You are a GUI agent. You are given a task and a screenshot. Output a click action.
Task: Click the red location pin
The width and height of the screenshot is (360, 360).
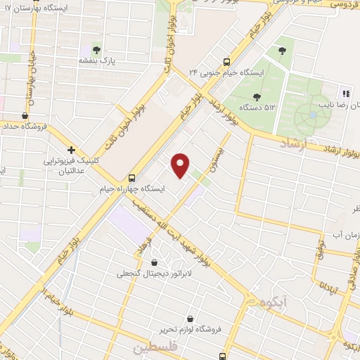(x=181, y=165)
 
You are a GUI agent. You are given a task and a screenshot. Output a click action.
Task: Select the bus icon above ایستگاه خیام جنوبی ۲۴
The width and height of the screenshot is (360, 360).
(x=226, y=61)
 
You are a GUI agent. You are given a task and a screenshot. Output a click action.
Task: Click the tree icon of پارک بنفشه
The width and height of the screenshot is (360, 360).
(x=96, y=49)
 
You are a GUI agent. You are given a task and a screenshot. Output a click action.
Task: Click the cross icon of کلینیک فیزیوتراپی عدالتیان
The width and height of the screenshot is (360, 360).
(x=71, y=150)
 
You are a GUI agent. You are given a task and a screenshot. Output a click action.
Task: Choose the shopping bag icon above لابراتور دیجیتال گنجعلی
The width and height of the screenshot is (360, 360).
(x=154, y=262)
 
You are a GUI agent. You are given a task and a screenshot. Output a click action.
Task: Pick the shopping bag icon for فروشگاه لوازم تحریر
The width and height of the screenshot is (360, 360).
(x=191, y=318)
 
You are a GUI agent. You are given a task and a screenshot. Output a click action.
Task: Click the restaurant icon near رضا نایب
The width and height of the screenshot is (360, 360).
(x=345, y=93)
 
